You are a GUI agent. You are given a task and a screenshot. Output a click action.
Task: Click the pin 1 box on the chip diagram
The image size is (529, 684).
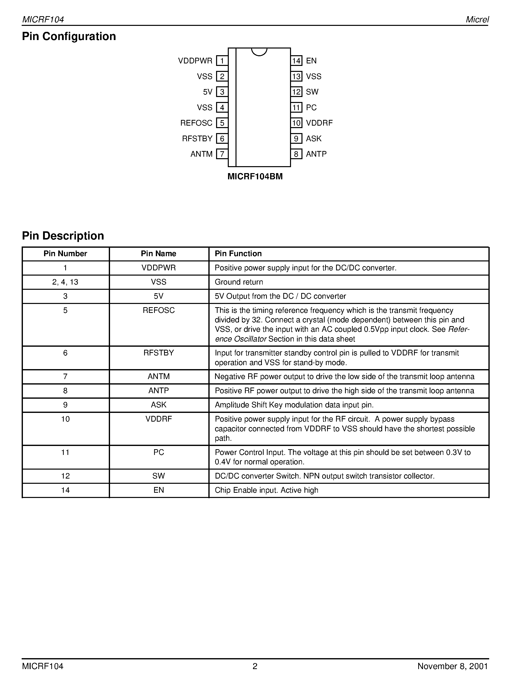(x=222, y=61)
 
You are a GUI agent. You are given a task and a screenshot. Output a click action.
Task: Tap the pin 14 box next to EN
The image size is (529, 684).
(x=296, y=61)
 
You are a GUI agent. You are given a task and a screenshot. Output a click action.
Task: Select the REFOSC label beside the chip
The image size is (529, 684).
(x=196, y=123)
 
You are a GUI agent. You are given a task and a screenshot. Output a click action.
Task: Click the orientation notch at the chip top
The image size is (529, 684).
(x=259, y=52)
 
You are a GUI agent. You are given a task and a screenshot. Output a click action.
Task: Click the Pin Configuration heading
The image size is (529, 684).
(x=69, y=36)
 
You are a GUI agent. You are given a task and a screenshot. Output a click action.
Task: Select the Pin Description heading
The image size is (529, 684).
(x=63, y=236)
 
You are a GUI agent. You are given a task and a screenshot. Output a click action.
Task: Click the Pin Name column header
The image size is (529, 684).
(x=159, y=254)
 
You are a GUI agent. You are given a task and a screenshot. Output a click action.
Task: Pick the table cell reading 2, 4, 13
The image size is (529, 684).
(x=65, y=282)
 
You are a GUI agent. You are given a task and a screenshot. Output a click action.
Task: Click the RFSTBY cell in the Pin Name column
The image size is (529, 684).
(x=159, y=353)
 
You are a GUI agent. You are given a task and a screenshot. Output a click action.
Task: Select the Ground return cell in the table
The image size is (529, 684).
(x=239, y=282)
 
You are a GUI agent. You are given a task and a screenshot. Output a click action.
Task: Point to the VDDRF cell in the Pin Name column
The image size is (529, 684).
(x=159, y=419)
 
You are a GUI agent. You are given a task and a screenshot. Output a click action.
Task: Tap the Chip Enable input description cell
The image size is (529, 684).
(x=266, y=490)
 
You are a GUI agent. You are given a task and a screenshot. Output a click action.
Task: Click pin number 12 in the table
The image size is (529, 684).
(x=65, y=476)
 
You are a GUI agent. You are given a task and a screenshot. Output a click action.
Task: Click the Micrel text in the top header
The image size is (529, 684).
(x=477, y=19)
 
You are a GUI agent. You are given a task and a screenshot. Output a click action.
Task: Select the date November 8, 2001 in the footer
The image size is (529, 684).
(x=453, y=666)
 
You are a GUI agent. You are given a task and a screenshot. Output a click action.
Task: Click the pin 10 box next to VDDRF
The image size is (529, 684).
(x=296, y=123)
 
